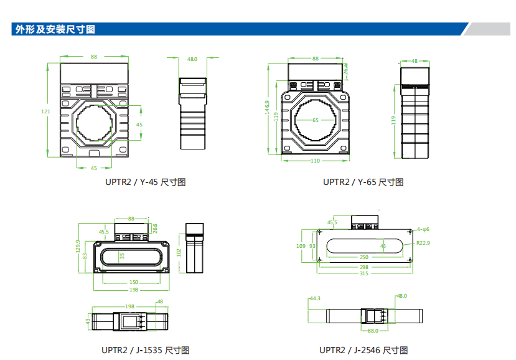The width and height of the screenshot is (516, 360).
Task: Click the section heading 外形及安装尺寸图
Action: (55, 29)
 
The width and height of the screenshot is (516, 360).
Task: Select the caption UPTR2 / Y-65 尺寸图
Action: (363, 182)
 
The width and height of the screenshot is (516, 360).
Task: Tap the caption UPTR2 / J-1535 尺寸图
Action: (145, 350)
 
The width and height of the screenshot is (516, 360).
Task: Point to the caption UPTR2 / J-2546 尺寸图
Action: (364, 350)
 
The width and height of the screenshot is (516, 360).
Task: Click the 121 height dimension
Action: (45, 111)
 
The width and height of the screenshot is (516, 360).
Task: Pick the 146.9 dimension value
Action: (266, 108)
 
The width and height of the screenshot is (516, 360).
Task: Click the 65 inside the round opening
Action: (315, 120)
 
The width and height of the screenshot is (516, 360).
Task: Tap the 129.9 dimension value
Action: (78, 247)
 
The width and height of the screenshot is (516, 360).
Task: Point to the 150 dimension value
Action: (133, 282)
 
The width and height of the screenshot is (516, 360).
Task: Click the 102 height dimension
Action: (179, 253)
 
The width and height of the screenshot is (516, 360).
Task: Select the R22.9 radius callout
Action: (423, 242)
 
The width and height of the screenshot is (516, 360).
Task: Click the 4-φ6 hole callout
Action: (423, 229)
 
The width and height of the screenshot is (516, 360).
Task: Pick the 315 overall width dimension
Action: (364, 273)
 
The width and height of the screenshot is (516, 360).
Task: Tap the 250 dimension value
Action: (364, 257)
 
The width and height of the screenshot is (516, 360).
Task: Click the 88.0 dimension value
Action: (373, 331)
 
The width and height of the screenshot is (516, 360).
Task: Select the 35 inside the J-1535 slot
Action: (123, 255)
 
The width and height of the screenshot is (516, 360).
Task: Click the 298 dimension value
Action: (364, 267)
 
